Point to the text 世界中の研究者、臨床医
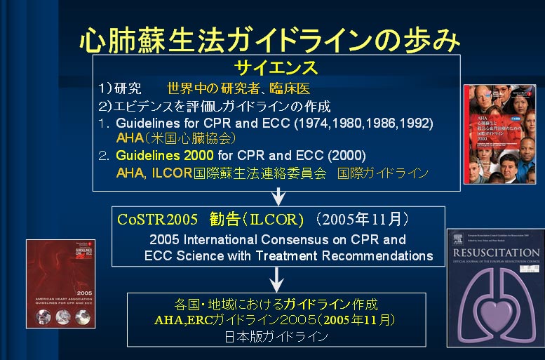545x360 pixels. click(x=238, y=89)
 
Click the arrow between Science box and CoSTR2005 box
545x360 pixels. click(x=278, y=196)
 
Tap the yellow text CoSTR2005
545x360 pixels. click(x=150, y=219)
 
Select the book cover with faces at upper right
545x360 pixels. click(x=499, y=133)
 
